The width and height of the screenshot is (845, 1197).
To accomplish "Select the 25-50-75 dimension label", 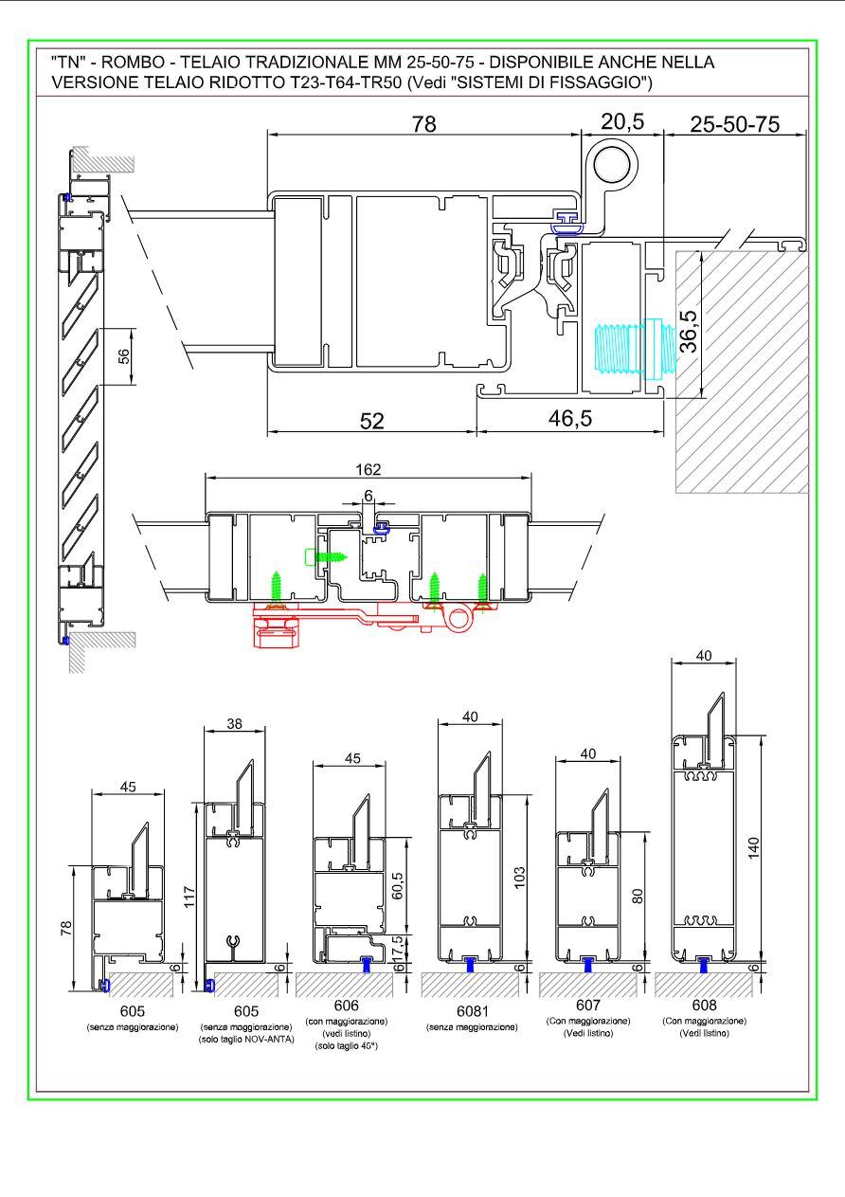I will click(735, 123).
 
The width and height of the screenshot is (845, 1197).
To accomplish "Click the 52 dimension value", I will click(372, 421).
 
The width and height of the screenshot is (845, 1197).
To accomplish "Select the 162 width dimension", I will click(368, 469).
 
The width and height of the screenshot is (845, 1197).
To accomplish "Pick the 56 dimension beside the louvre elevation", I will click(119, 356).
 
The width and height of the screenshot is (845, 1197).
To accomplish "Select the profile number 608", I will click(703, 1006).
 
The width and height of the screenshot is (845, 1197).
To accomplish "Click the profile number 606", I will click(346, 1006).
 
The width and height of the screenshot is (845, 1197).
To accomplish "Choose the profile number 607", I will click(587, 1006).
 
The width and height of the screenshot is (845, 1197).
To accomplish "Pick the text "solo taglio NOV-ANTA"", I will click(244, 1039).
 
